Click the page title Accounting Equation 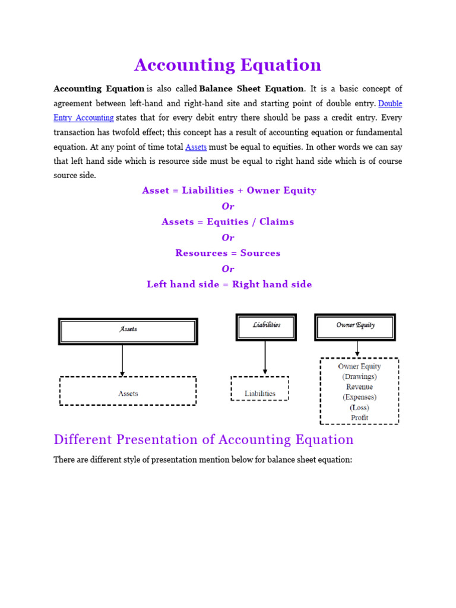pos(227,65)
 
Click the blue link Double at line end pos(390,103)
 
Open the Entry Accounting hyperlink pos(84,118)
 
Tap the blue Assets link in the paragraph pos(196,147)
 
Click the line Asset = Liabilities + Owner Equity pos(229,191)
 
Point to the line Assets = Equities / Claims pos(227,221)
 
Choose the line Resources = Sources pos(227,253)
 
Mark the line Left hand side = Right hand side pos(229,284)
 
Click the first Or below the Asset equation pos(228,206)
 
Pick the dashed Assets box pos(128,392)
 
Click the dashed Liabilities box pos(260,389)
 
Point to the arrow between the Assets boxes pos(122,360)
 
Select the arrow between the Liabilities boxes pos(265,358)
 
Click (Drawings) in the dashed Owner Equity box pos(359,376)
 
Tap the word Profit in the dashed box pos(359,417)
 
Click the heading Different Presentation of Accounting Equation pos(203,439)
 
